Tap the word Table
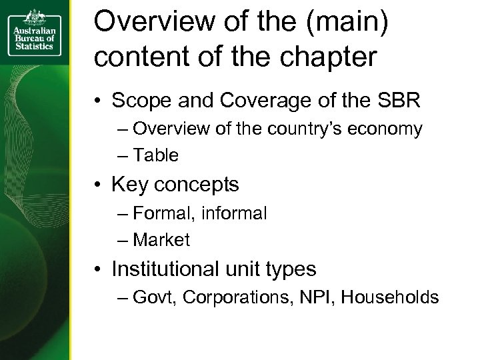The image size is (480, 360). point(156,155)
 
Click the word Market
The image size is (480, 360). point(161,240)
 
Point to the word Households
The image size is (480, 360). point(390,297)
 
